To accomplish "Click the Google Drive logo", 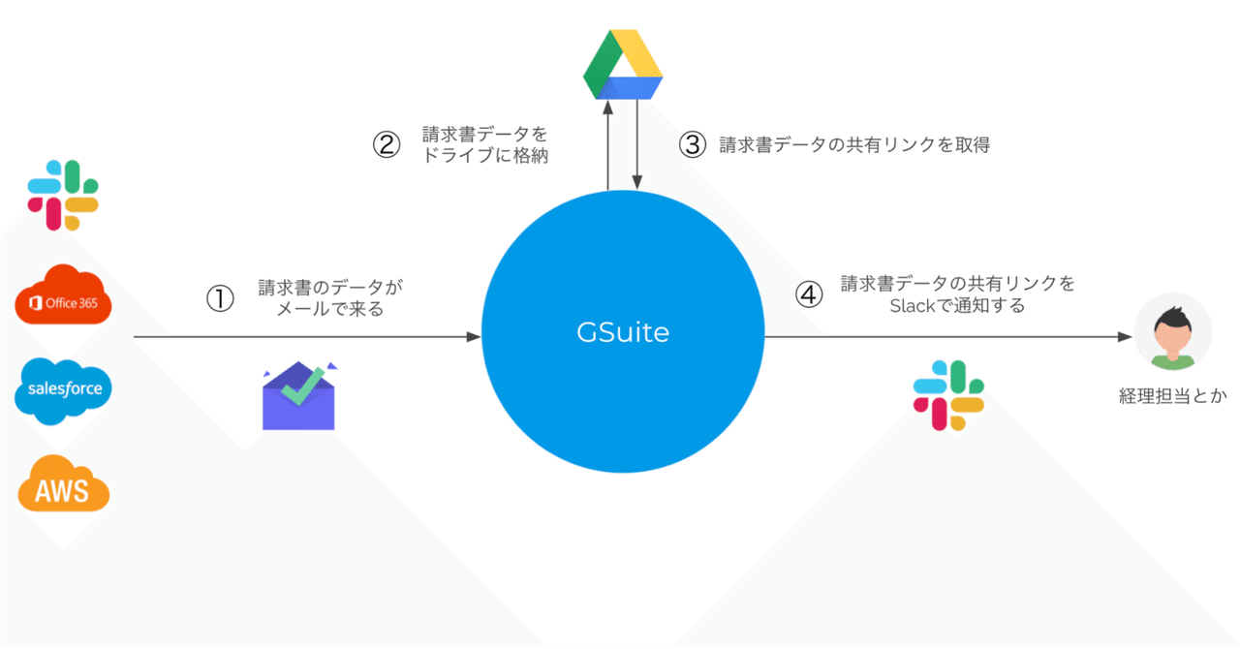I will (623, 65).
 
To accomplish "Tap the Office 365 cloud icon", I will (64, 294).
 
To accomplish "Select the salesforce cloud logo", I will (64, 389).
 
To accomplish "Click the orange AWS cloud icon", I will (64, 482).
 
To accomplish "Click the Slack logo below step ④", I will (948, 394).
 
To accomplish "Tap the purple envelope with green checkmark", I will (298, 395).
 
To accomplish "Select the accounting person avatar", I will (1171, 333).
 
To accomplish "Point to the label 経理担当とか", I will (1172, 396).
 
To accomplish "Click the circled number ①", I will (221, 298).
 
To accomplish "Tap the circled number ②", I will (387, 144).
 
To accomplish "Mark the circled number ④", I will (809, 294).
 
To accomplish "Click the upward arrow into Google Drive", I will (607, 107).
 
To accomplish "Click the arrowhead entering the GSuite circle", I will (474, 337).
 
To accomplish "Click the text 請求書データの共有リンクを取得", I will (853, 145).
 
